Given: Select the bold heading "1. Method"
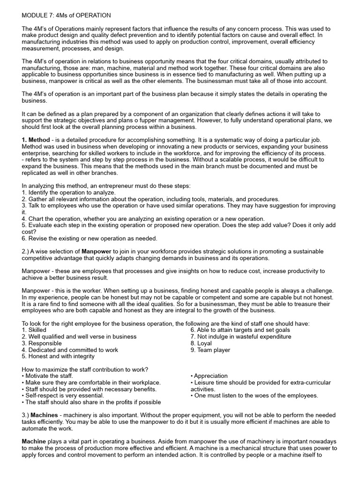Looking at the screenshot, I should [36, 140].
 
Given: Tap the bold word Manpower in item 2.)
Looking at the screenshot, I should [97, 251].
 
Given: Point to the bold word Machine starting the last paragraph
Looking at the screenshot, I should [34, 442].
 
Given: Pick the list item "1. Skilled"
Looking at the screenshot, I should [34, 330].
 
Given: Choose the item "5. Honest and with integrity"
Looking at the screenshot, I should [58, 356].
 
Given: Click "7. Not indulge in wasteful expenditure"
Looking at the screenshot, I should [240, 337].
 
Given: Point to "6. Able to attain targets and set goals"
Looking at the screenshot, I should [240, 330].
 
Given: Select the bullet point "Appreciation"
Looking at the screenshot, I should [209, 375].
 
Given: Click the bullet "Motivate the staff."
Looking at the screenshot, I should [48, 375].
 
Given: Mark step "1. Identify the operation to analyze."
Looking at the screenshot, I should [68, 192].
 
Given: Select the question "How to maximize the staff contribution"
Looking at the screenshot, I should [85, 369].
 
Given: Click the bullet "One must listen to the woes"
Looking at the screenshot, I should [254, 395].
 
